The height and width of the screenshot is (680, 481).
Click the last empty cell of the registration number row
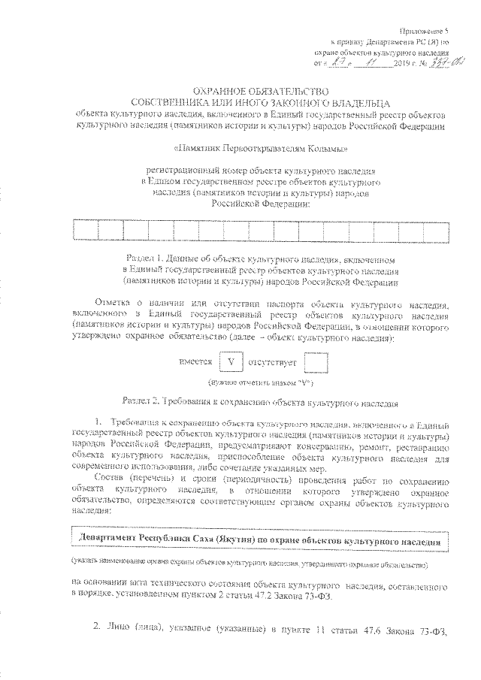tap(440, 229)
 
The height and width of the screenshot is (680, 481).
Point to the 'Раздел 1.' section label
tap(147, 256)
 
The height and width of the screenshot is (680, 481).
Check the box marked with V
tap(231, 362)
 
